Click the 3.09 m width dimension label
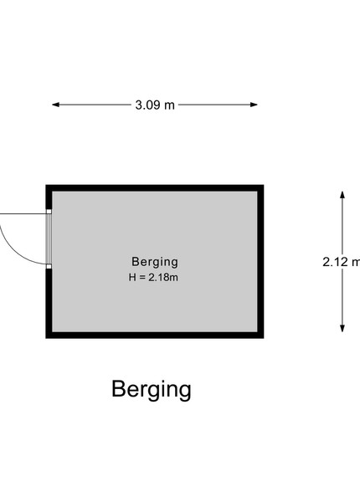pyautogui.click(x=155, y=105)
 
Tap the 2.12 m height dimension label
pyautogui.click(x=342, y=262)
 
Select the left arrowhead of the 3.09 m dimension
pyautogui.click(x=56, y=105)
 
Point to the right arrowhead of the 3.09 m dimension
pyautogui.click(x=254, y=105)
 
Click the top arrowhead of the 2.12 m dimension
pyautogui.click(x=342, y=195)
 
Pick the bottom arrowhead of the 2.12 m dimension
pyautogui.click(x=342, y=328)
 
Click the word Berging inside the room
pyautogui.click(x=155, y=262)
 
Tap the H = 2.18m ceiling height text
pyautogui.click(x=153, y=277)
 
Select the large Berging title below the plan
pyautogui.click(x=152, y=390)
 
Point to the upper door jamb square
pyautogui.click(x=49, y=212)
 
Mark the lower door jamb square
pyautogui.click(x=49, y=266)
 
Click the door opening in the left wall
pyautogui.click(x=49, y=238)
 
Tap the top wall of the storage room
pyautogui.click(x=155, y=188)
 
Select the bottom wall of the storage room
pyautogui.click(x=155, y=335)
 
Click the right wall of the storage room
pyautogui.click(x=260, y=261)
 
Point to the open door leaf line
pyautogui.click(x=23, y=213)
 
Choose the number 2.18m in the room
pyautogui.click(x=163, y=277)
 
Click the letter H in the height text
pyautogui.click(x=132, y=277)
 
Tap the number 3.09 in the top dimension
pyautogui.click(x=147, y=105)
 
